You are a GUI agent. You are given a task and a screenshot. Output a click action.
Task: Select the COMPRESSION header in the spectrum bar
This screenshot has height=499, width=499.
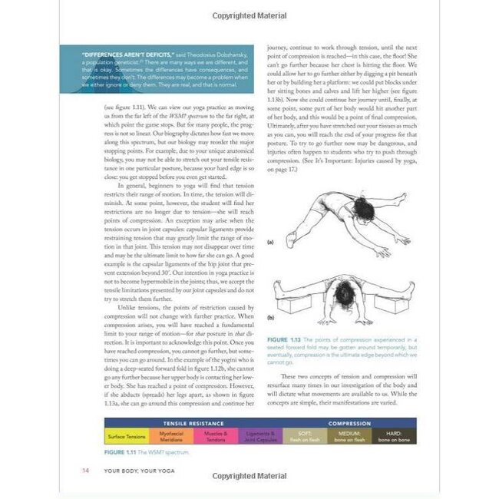point(349,423)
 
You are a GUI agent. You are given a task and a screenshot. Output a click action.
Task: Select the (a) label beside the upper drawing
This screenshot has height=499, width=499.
point(269,242)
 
